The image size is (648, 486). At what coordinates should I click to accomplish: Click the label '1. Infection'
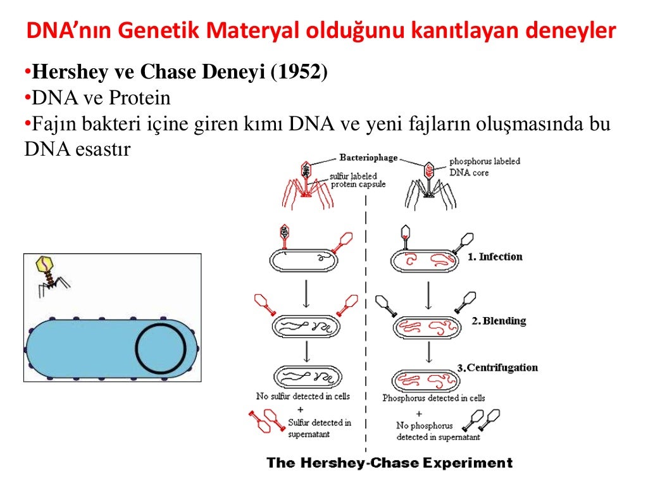[495, 257]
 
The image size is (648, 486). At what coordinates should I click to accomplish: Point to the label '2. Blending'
[499, 321]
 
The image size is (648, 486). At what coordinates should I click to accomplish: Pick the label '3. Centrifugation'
[497, 368]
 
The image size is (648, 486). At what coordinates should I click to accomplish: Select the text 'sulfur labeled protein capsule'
[358, 180]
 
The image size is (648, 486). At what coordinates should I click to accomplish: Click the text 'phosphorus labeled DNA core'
[484, 167]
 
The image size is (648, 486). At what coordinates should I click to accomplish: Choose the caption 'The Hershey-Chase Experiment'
[389, 463]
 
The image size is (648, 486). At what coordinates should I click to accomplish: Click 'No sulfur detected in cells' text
[302, 396]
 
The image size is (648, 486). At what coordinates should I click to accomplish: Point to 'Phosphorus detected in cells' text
[433, 398]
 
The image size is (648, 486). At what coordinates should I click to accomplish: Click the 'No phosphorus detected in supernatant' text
[430, 432]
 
